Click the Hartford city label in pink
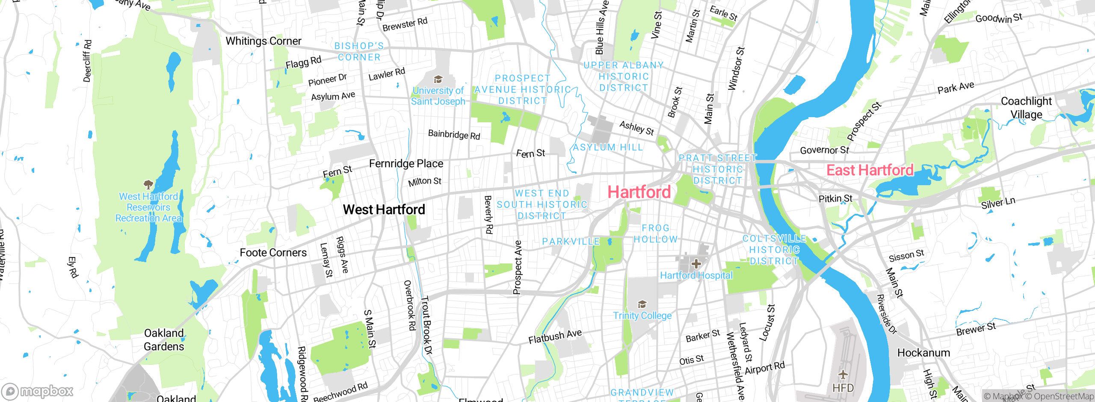click(639, 192)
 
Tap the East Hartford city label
click(870, 170)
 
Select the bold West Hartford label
click(384, 210)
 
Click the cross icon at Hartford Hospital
click(696, 263)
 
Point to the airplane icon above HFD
click(843, 375)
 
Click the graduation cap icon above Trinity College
click(642, 304)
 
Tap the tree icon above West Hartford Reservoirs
click(148, 185)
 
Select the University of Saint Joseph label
click(438, 96)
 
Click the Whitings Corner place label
click(263, 41)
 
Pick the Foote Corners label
click(273, 253)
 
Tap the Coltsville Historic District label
click(774, 250)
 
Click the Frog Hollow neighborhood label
click(655, 234)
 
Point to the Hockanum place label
click(923, 353)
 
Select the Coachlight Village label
click(1026, 108)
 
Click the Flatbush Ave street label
click(555, 336)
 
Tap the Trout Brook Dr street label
click(426, 325)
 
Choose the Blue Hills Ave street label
click(602, 28)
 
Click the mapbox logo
click(38, 391)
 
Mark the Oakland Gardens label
click(164, 340)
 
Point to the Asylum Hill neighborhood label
click(608, 148)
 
